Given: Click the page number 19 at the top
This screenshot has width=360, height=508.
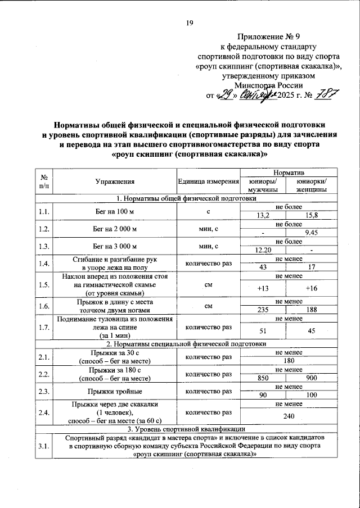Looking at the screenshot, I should pos(190,22).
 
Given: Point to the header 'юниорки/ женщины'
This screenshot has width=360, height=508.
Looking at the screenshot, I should pos(308,186).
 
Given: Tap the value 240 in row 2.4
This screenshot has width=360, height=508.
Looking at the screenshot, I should pos(289,416).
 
